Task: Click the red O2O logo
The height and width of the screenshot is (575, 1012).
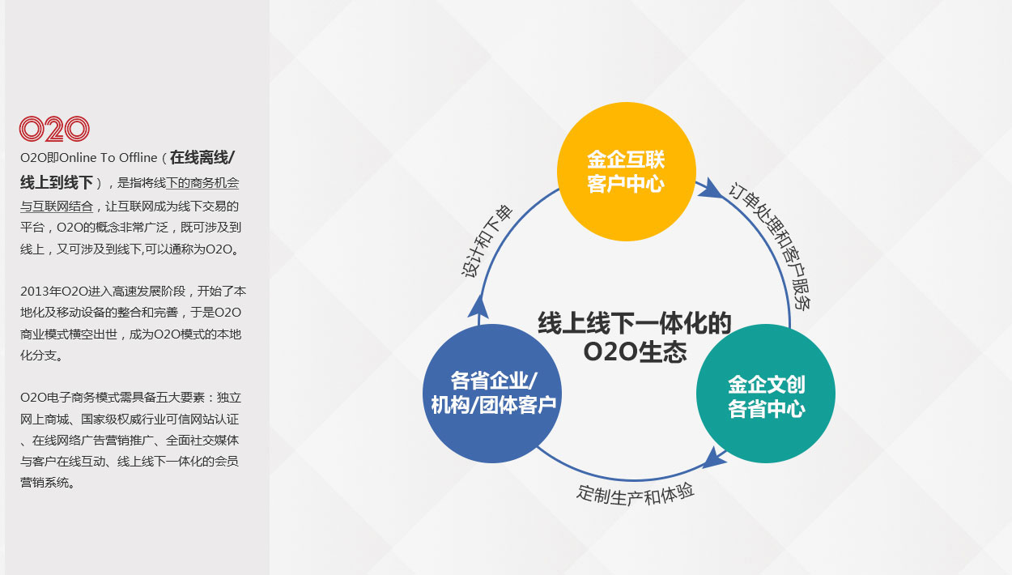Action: point(54,129)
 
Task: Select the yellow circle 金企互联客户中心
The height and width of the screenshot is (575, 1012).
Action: point(626,172)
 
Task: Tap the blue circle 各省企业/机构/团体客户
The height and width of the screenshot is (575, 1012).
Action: point(492,394)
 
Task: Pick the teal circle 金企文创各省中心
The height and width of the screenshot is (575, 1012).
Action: point(766,394)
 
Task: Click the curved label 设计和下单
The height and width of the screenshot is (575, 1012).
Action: point(487,241)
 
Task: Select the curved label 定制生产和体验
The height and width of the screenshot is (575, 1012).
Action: point(635,494)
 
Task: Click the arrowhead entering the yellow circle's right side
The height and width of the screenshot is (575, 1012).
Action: point(710,188)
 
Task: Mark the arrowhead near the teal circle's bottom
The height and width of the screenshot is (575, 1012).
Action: point(715,458)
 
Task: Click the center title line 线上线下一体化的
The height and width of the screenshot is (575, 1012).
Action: point(634,323)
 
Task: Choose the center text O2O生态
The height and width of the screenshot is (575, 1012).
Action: point(635,351)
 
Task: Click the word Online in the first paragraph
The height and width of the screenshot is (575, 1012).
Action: point(78,158)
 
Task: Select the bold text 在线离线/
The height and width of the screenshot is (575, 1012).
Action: point(202,158)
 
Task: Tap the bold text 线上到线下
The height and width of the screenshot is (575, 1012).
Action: point(57,183)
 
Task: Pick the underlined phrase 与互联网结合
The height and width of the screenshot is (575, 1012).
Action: point(57,207)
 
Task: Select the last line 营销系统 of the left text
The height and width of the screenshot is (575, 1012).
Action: point(45,483)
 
